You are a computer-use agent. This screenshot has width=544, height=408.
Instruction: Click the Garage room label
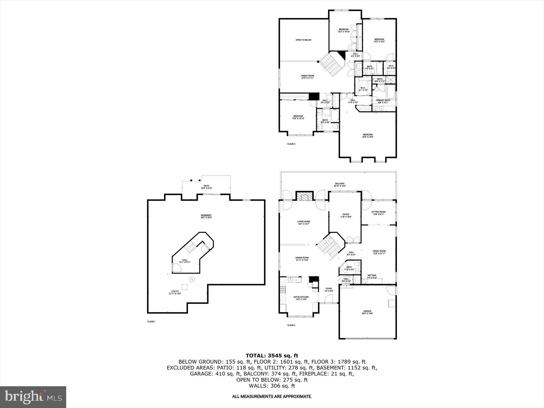(x=367, y=312)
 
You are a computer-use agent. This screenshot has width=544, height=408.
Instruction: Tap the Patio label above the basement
(x=206, y=187)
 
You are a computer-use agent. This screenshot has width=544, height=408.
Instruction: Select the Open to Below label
(x=303, y=40)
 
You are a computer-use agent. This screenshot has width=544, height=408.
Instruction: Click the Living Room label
(x=303, y=223)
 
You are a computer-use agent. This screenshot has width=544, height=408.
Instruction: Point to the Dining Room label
(x=302, y=259)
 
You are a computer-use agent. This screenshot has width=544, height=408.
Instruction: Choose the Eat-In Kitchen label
(x=301, y=298)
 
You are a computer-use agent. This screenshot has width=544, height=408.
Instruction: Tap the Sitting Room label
(x=378, y=213)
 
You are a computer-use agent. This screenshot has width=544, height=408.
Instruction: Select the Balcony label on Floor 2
(x=339, y=185)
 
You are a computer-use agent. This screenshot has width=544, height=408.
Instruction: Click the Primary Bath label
(x=383, y=101)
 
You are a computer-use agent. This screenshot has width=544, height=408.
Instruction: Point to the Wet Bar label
(x=372, y=276)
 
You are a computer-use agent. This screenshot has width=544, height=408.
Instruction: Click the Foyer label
(x=329, y=290)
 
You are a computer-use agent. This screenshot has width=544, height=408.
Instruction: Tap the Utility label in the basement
(x=175, y=292)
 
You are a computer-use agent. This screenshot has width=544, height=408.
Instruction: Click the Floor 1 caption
(x=151, y=322)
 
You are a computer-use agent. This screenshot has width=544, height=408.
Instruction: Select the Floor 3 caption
(x=291, y=144)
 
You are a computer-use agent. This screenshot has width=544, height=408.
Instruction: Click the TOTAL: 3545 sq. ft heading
(x=272, y=355)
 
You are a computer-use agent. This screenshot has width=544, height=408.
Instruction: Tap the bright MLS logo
(x=33, y=397)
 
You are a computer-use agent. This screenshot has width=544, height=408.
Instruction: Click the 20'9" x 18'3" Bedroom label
(x=368, y=136)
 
